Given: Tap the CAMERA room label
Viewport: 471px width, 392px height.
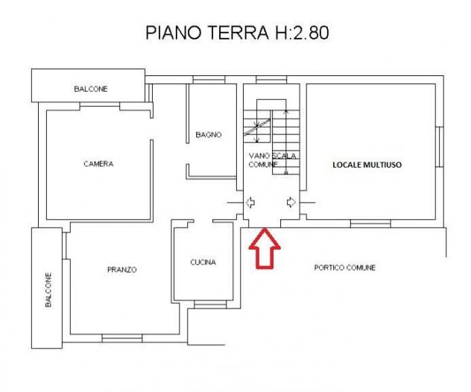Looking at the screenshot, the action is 98,164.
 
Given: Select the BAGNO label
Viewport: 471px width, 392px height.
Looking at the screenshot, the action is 209,135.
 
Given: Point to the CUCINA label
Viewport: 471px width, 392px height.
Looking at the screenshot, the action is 203,262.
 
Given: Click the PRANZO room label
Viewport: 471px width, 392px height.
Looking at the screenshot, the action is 122,270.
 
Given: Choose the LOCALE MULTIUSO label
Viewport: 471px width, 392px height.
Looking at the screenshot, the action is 367,165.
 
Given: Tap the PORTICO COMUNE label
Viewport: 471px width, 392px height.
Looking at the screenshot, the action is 345,268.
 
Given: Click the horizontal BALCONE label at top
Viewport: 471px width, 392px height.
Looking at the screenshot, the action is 91,89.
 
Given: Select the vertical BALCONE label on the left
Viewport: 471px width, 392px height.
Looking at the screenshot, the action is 48,290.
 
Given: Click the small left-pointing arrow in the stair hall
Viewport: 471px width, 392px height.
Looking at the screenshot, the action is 250,203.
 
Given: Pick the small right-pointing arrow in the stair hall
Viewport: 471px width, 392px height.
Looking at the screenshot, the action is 291,202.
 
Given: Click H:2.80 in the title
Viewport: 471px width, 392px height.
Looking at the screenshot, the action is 303,33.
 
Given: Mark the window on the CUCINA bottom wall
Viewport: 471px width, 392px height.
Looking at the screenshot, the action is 210,305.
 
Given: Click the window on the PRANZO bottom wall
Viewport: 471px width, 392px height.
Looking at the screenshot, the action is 122,338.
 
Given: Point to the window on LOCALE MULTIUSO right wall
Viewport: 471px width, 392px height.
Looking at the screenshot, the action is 440,147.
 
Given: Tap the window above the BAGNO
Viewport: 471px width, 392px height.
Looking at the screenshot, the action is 209,80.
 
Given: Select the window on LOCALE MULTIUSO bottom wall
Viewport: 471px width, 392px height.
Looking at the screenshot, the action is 370,224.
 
